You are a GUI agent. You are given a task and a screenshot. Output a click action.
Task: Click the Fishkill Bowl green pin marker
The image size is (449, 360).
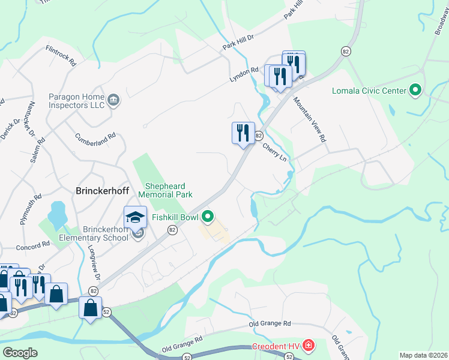208,217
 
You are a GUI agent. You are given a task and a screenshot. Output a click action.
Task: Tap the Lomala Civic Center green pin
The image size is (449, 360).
415,91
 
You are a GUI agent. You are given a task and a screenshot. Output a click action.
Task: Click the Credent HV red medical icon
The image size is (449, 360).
308,346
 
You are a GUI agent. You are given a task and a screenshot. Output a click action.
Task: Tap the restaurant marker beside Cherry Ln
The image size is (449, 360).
242,133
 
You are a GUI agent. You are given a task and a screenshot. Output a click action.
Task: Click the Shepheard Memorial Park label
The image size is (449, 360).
165,190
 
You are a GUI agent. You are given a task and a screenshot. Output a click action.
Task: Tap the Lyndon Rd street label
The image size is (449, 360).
243,75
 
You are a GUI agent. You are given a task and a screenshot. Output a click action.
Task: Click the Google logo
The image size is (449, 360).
20,353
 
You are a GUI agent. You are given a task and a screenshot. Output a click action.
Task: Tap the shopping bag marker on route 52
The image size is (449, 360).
90,308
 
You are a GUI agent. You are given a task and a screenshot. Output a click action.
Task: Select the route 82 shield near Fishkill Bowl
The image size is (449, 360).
172,230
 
